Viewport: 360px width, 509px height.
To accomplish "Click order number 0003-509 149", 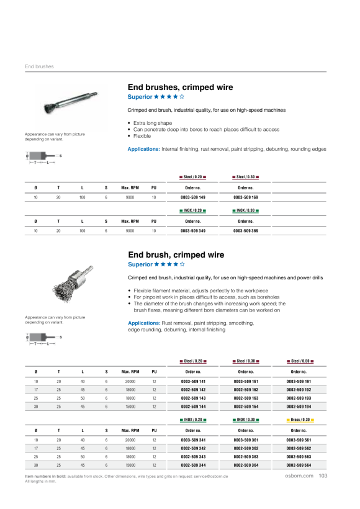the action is point(193,197).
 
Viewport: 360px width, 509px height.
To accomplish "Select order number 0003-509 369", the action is point(246,231).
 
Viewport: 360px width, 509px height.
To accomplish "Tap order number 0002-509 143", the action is point(193,399).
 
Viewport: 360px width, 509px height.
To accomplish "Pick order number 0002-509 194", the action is point(299,407).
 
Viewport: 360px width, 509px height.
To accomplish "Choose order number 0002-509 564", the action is point(299,466).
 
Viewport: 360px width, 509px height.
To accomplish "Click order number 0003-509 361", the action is point(246,441).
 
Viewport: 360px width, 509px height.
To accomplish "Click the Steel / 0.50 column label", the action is point(300,361).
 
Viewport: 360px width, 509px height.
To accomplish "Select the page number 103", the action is point(323,476).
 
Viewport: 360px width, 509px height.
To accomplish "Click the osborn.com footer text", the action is point(299,476).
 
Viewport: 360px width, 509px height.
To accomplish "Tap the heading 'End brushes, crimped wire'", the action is point(180,88).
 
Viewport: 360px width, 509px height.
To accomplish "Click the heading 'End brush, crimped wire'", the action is point(176,255).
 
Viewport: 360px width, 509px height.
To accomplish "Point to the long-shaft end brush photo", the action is point(70,102).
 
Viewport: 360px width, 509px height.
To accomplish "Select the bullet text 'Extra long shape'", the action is point(153,123).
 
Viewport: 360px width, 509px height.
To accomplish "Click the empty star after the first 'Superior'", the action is point(182,97).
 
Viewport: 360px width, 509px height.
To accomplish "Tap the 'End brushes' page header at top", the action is point(39,66).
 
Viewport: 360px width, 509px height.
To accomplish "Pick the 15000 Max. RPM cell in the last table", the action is point(130,466).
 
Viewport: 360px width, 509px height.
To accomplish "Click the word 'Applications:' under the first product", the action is point(143,150).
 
